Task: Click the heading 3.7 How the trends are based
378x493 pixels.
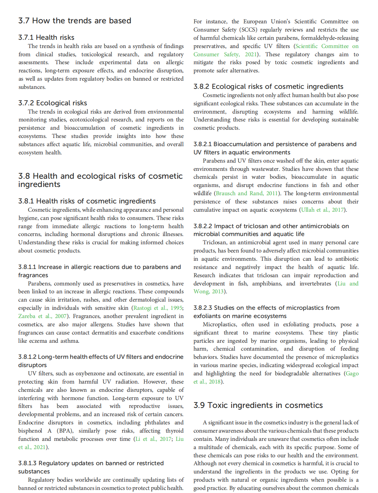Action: point(75,21)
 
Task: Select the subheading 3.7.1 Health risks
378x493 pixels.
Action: point(46,37)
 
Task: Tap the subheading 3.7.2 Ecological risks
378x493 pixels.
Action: point(53,103)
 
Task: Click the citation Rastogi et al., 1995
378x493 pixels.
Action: point(158,308)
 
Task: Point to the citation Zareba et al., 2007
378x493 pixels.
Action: point(42,316)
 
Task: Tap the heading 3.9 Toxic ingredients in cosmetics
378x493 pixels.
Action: point(258,405)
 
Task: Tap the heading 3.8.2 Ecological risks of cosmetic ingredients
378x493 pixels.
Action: point(268,86)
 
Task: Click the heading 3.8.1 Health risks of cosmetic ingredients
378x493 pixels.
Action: point(87,201)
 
